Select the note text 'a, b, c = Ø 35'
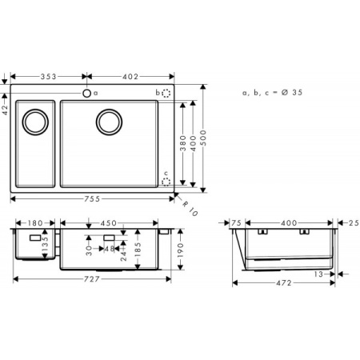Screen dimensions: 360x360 pyautogui.click(x=272, y=94)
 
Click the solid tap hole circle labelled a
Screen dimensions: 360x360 pyautogui.click(x=86, y=93)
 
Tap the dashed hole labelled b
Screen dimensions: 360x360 pyautogui.click(x=166, y=93)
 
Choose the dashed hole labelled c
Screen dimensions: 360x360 pyautogui.click(x=166, y=182)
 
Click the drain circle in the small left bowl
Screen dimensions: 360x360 pyautogui.click(x=34, y=122)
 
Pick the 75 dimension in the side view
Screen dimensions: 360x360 pyautogui.click(x=237, y=223)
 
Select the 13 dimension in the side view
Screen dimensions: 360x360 pyautogui.click(x=319, y=273)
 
